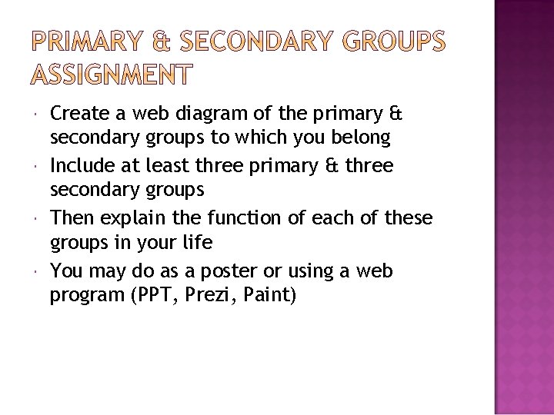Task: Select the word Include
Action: (81, 166)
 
